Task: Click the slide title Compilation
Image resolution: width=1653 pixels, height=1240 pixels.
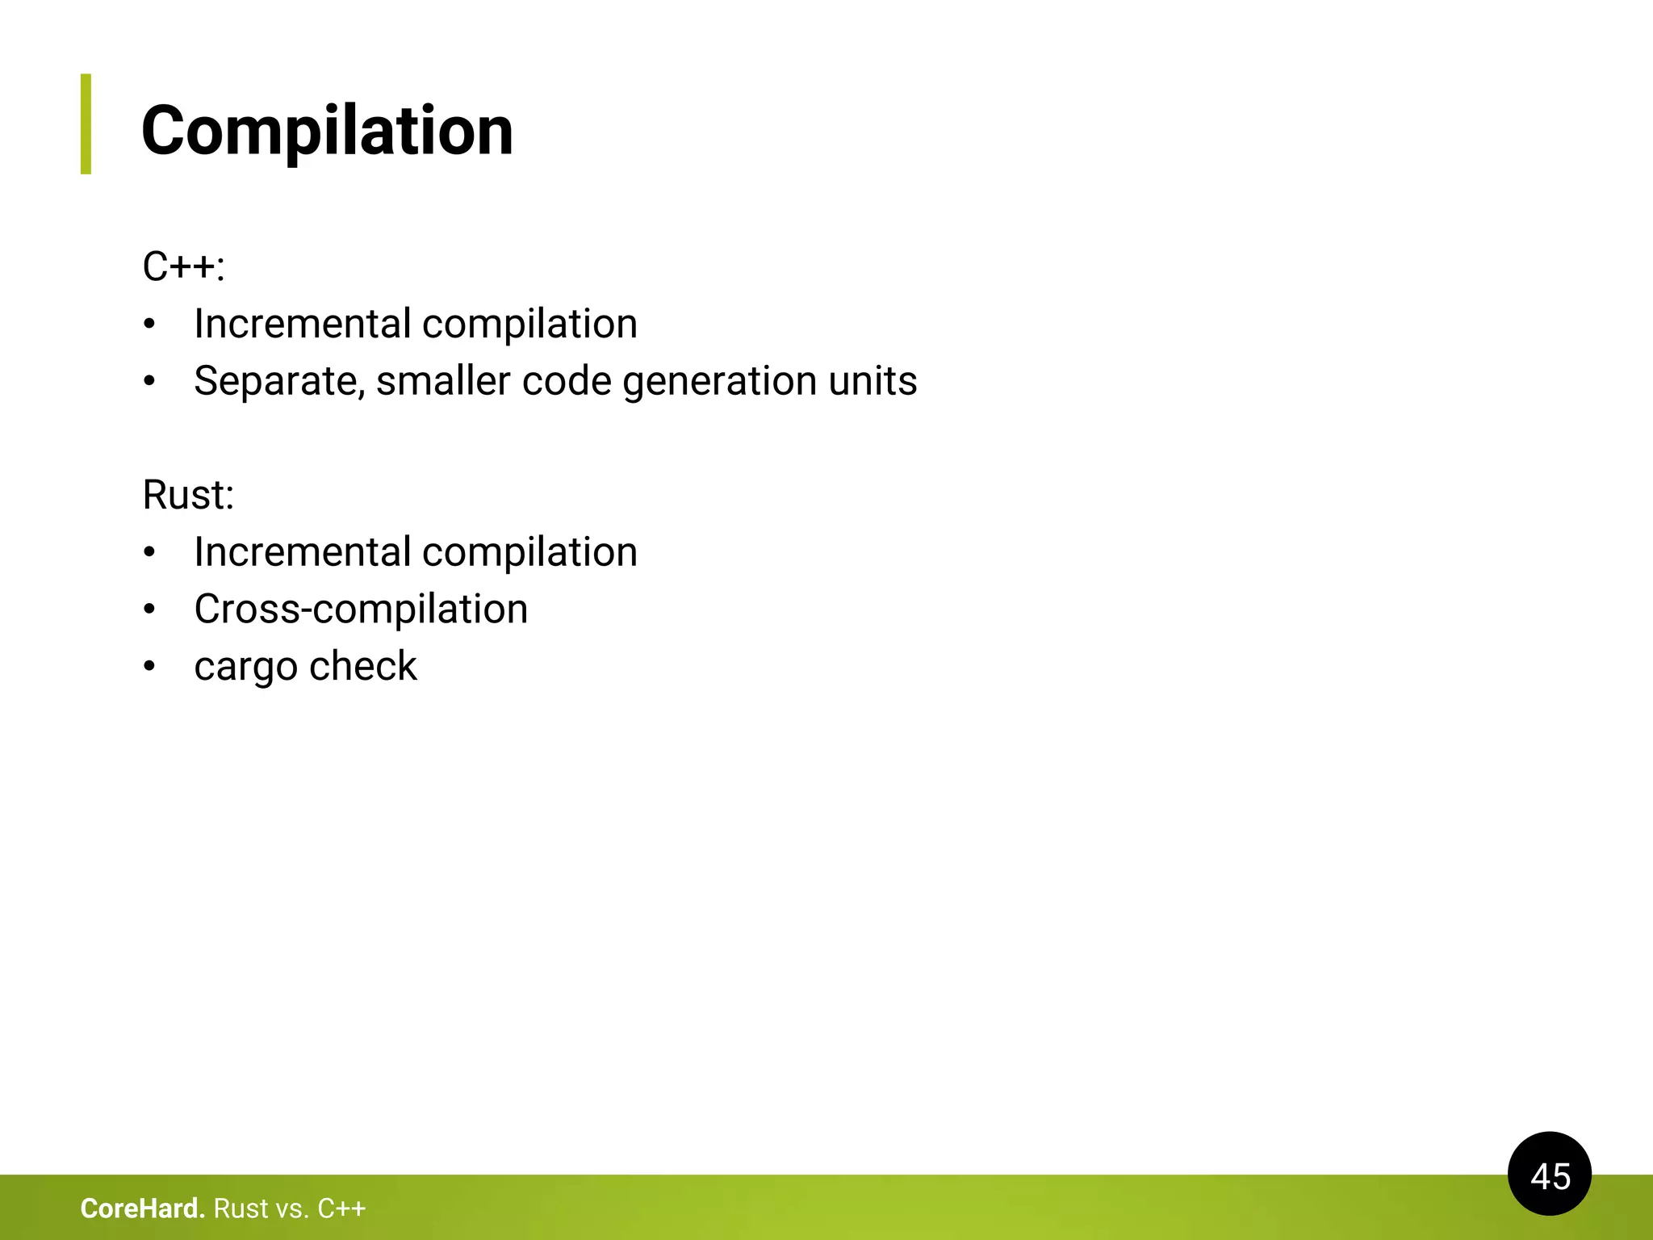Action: [x=327, y=131]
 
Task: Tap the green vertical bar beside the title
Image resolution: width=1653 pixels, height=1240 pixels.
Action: [x=86, y=124]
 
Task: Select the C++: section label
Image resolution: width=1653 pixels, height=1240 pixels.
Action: [x=183, y=266]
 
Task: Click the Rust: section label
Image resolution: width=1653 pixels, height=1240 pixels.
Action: [x=188, y=495]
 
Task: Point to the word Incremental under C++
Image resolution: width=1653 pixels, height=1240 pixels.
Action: [x=303, y=324]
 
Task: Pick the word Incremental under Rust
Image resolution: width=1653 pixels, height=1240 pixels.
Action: [x=303, y=552]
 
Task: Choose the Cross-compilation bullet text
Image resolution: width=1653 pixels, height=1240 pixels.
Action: [x=361, y=609]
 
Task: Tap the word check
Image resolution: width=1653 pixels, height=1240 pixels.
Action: [x=363, y=666]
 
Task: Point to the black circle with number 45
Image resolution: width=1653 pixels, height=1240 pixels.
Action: [x=1549, y=1175]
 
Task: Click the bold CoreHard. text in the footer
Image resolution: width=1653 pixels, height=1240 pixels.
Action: [x=142, y=1209]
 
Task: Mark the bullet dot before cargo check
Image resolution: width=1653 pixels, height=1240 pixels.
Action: [x=149, y=667]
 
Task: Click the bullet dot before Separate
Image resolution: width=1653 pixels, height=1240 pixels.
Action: [x=149, y=381]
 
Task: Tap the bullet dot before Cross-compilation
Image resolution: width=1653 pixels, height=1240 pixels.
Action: [x=149, y=610]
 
